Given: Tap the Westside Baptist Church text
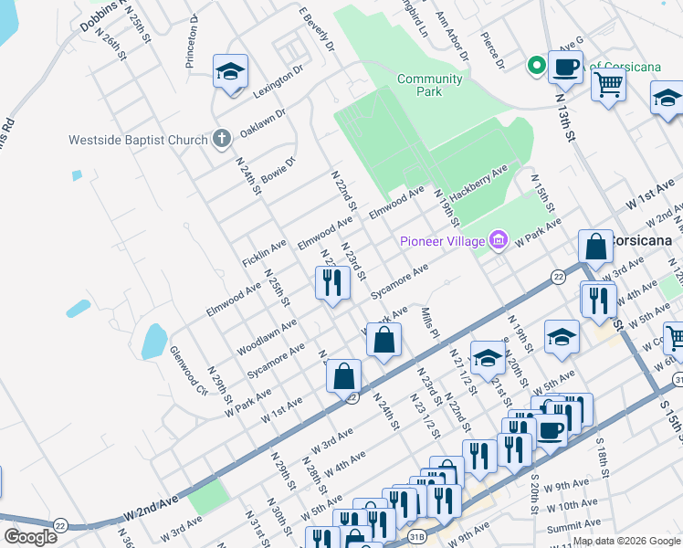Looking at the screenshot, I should [x=137, y=141].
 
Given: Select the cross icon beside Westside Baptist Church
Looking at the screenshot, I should [x=220, y=140].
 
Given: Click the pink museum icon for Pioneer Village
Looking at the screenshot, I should [x=498, y=240].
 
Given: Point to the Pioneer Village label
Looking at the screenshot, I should [x=442, y=241].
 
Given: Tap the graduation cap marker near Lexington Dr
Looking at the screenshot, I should [x=230, y=70].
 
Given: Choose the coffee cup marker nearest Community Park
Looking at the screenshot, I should [x=565, y=66].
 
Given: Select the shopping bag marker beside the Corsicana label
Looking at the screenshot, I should [x=595, y=246].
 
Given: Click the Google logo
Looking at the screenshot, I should [x=30, y=537].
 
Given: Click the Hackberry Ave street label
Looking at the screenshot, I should [x=478, y=182].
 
